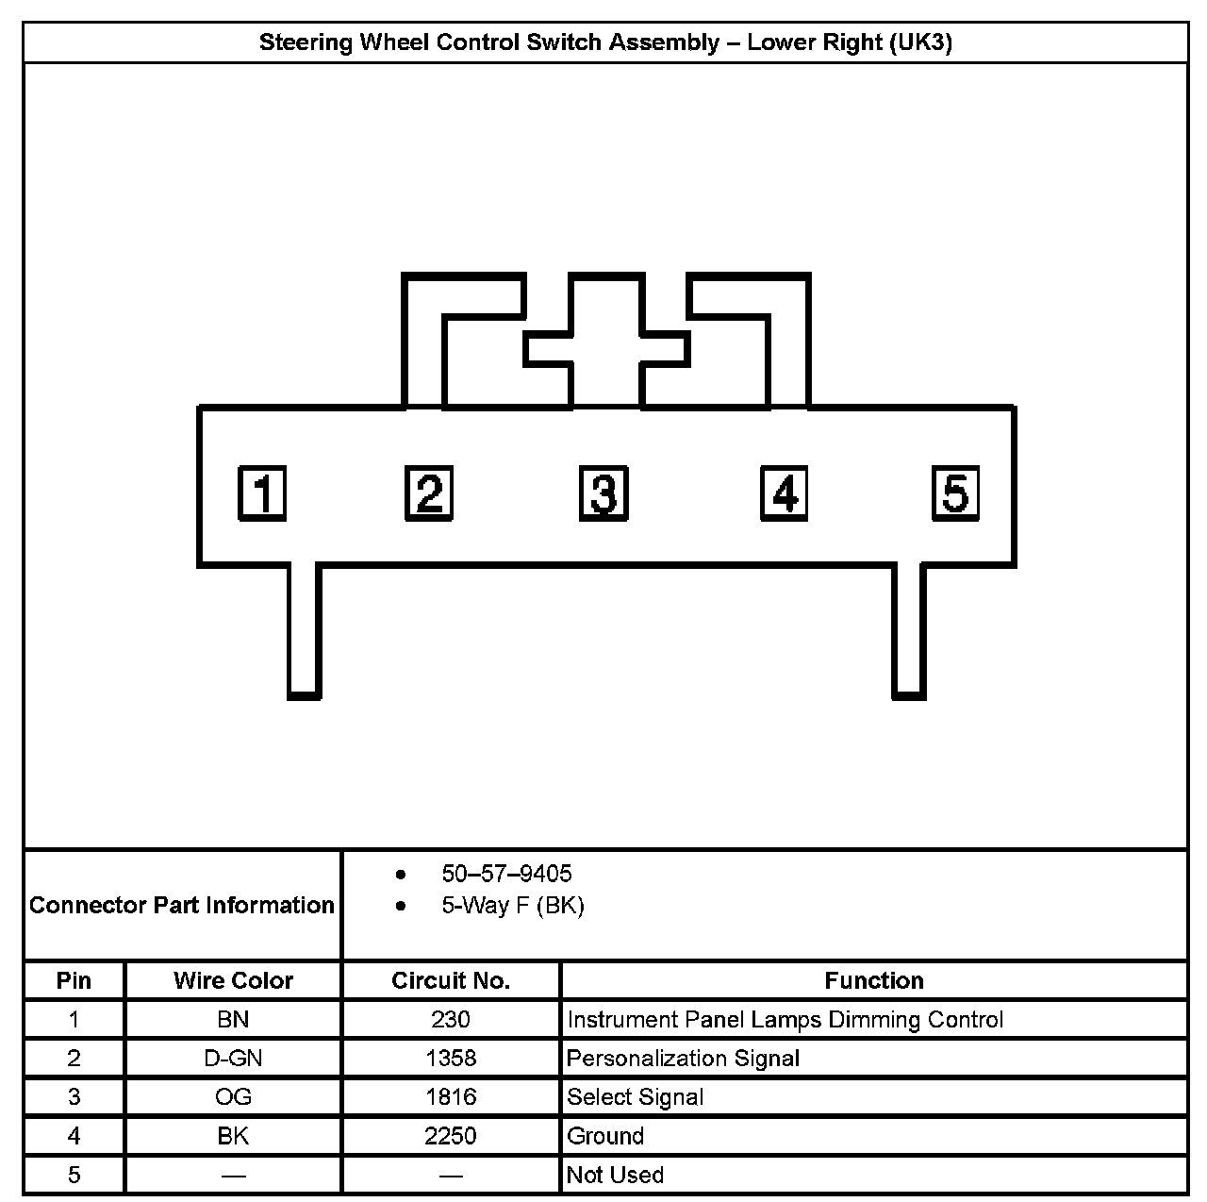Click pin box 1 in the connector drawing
click(262, 492)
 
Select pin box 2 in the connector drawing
click(429, 492)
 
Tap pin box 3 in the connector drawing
click(603, 492)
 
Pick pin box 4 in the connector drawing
click(785, 492)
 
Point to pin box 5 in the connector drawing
click(955, 492)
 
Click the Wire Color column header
click(233, 981)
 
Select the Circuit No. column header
click(451, 981)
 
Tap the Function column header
click(874, 981)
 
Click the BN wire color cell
click(233, 1020)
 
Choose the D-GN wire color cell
click(233, 1059)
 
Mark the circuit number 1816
click(451, 1097)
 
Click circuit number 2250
click(451, 1136)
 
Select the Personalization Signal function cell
click(683, 1059)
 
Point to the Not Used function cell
click(615, 1176)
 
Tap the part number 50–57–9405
click(506, 874)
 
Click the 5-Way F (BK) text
click(513, 906)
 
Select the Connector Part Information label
click(182, 906)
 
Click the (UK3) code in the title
click(919, 42)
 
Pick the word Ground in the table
click(605, 1136)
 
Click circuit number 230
click(451, 1020)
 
